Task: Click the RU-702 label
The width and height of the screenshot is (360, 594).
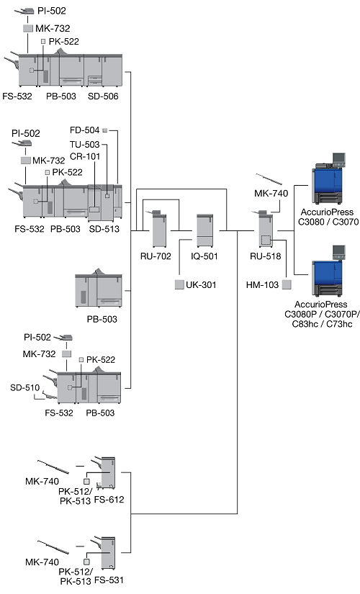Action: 156,256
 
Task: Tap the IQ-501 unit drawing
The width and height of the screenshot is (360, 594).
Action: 204,230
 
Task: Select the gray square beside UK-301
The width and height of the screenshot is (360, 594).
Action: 179,284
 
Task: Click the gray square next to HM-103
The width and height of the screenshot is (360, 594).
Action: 287,284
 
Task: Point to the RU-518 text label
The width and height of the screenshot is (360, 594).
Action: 265,256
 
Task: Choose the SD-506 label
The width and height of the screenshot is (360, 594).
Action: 103,96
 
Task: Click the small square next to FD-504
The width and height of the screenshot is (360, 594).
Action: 105,130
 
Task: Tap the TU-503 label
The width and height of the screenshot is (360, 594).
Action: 84,144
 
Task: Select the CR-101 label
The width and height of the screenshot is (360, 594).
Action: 85,156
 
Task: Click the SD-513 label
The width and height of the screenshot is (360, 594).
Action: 104,229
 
